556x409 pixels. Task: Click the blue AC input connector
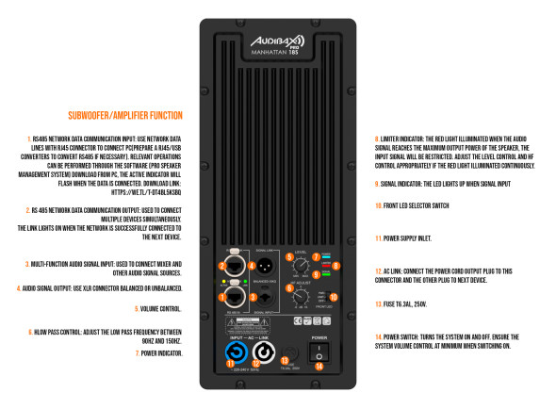point(231,355)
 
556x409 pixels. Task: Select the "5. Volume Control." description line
point(159,282)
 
